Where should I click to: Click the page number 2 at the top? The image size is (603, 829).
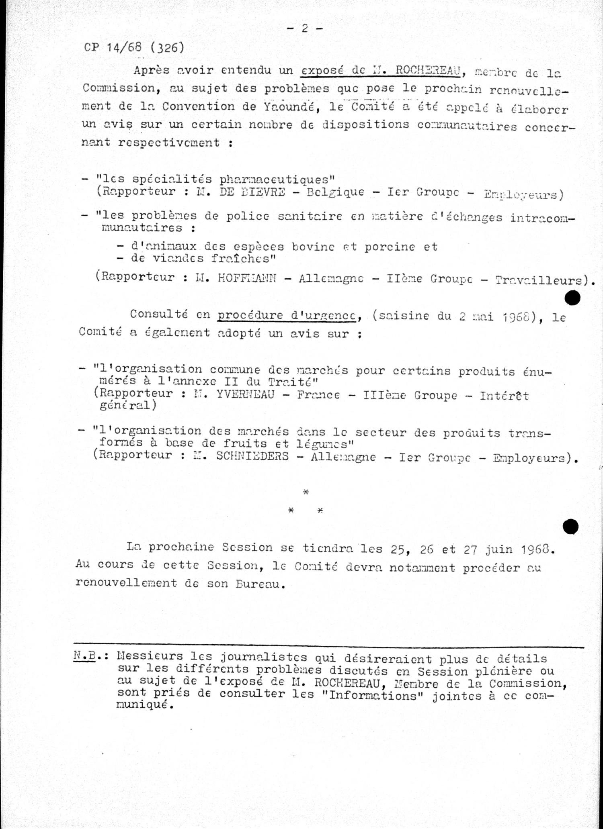click(305, 28)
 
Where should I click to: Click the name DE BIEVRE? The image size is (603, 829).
click(252, 192)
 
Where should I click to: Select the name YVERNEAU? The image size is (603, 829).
click(245, 395)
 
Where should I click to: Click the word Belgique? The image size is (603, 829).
click(335, 192)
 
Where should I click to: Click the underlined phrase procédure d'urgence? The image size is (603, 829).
click(287, 315)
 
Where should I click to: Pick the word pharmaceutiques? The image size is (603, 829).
click(277, 179)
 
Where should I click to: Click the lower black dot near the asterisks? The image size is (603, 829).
click(570, 527)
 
